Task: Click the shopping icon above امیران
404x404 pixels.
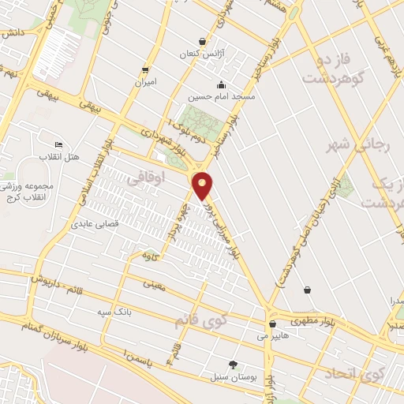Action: [144, 69]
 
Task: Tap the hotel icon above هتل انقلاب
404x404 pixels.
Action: [58, 145]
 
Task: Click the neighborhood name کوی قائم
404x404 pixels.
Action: [200, 320]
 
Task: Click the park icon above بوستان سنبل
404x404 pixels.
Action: [233, 364]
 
